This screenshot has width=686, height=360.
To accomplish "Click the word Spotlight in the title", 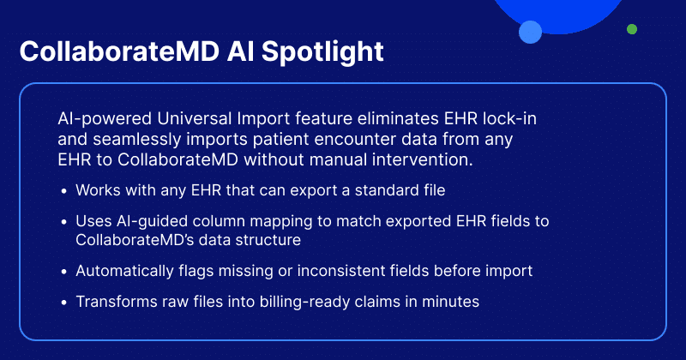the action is point(322,52).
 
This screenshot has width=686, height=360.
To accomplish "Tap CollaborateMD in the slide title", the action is point(119,51).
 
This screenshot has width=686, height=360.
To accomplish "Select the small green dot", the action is point(632,29).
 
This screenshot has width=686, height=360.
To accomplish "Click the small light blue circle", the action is point(530,32).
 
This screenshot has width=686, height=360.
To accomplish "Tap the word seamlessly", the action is point(137,139).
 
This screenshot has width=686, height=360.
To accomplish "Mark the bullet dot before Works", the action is point(64,191).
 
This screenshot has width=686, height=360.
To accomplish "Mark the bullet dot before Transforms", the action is point(64,303).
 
